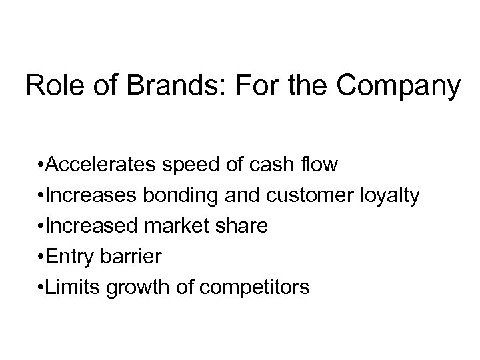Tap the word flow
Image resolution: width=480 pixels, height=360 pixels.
click(x=318, y=164)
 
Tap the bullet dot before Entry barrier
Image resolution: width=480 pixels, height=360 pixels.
click(x=41, y=257)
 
